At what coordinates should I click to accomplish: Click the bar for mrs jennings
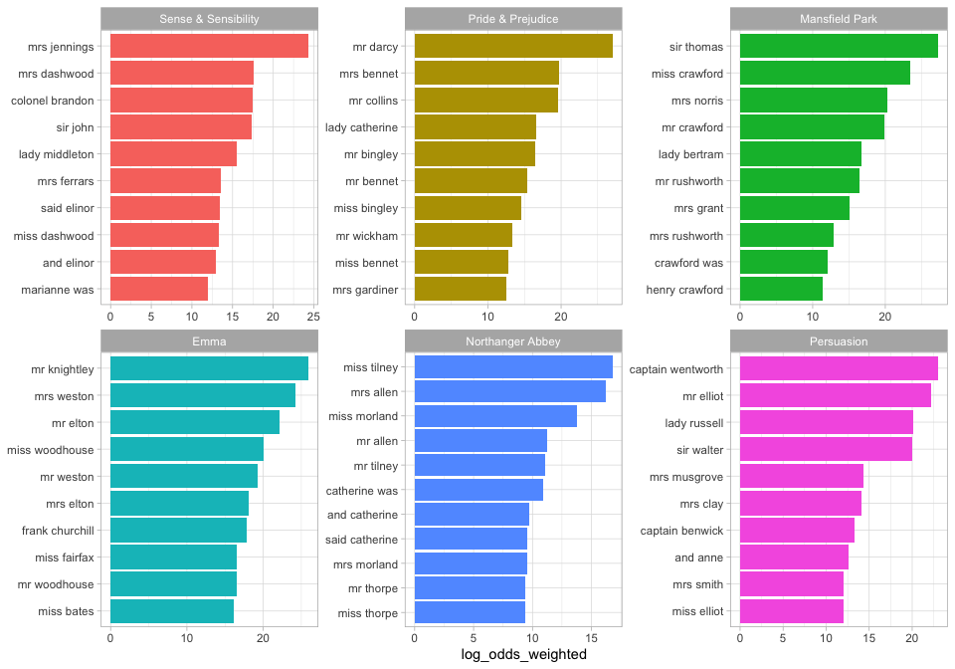[x=209, y=46]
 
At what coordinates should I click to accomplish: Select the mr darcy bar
[x=513, y=46]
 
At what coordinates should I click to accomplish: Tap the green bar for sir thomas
[x=839, y=46]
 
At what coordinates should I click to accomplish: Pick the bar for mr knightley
[x=209, y=368]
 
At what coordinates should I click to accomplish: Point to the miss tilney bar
[x=513, y=367]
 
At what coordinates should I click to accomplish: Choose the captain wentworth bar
[x=839, y=368]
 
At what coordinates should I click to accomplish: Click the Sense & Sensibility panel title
[x=210, y=19]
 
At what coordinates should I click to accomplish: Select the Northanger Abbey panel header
[x=513, y=341]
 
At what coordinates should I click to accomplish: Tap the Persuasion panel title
[x=839, y=341]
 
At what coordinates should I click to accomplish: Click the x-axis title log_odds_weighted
[x=524, y=654]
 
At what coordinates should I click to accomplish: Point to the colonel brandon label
[x=53, y=101]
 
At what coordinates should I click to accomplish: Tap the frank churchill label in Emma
[x=58, y=531]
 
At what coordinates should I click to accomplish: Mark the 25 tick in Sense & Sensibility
[x=313, y=316]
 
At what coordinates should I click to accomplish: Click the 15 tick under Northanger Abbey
[x=592, y=638]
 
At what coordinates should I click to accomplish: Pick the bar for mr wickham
[x=464, y=235]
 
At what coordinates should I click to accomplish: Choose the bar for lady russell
[x=827, y=423]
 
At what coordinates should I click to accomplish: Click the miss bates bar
[x=172, y=611]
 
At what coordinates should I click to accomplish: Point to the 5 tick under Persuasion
[x=783, y=638]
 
